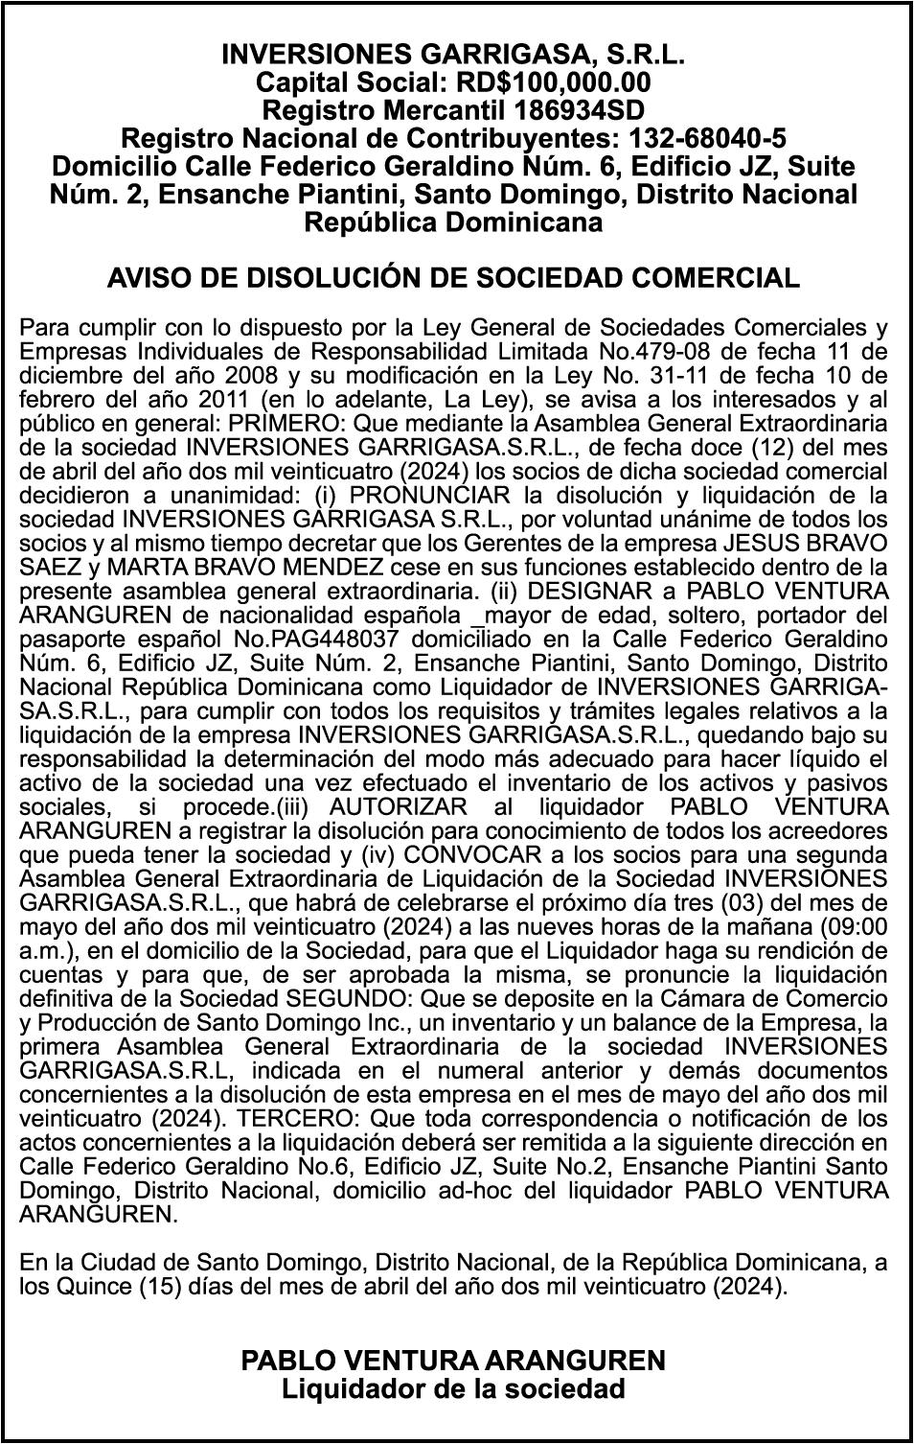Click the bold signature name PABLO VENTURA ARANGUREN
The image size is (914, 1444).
[452, 1360]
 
